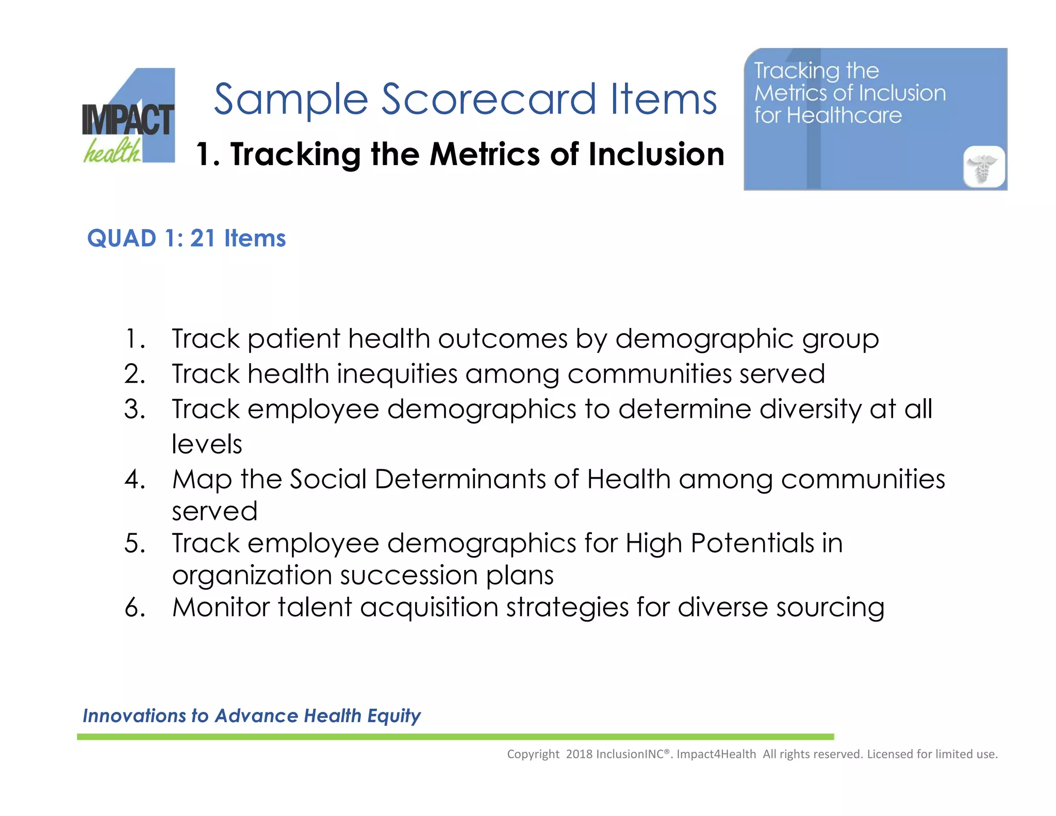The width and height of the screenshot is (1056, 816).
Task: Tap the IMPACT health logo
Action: click(128, 119)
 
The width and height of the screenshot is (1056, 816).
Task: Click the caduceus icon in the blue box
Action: click(984, 167)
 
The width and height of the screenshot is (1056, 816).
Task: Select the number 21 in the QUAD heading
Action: click(202, 238)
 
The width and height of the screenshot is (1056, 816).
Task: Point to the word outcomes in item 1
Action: click(502, 339)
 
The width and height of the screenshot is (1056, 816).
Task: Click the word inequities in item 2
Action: click(397, 374)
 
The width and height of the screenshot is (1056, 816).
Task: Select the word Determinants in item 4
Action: click(460, 480)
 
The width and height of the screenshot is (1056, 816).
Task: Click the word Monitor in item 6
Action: click(221, 608)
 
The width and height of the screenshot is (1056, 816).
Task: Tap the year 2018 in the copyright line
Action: click(579, 754)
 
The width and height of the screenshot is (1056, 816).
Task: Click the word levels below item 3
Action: click(207, 445)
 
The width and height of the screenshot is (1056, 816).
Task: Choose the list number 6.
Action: click(135, 608)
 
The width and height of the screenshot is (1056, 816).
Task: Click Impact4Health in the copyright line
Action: click(716, 754)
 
